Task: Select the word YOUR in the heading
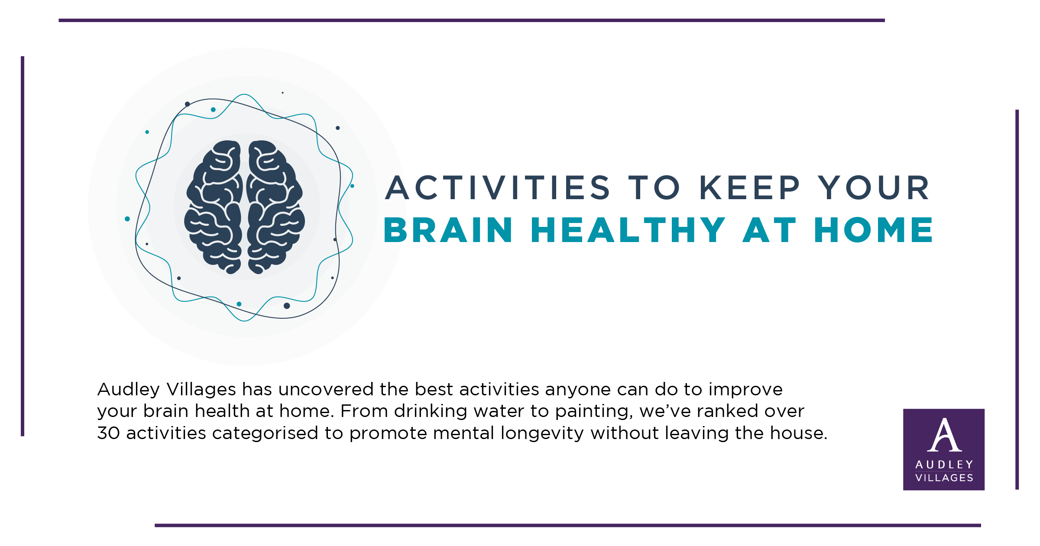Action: coord(874,188)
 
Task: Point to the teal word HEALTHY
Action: coord(628,230)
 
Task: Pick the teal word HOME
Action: coord(874,230)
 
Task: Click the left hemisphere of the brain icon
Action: coord(213,207)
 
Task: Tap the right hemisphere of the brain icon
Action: coord(276,207)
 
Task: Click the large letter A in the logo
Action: coord(944,435)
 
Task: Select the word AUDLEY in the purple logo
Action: coord(944,465)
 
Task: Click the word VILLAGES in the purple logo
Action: coord(944,478)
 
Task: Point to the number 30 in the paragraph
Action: coord(109,433)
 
